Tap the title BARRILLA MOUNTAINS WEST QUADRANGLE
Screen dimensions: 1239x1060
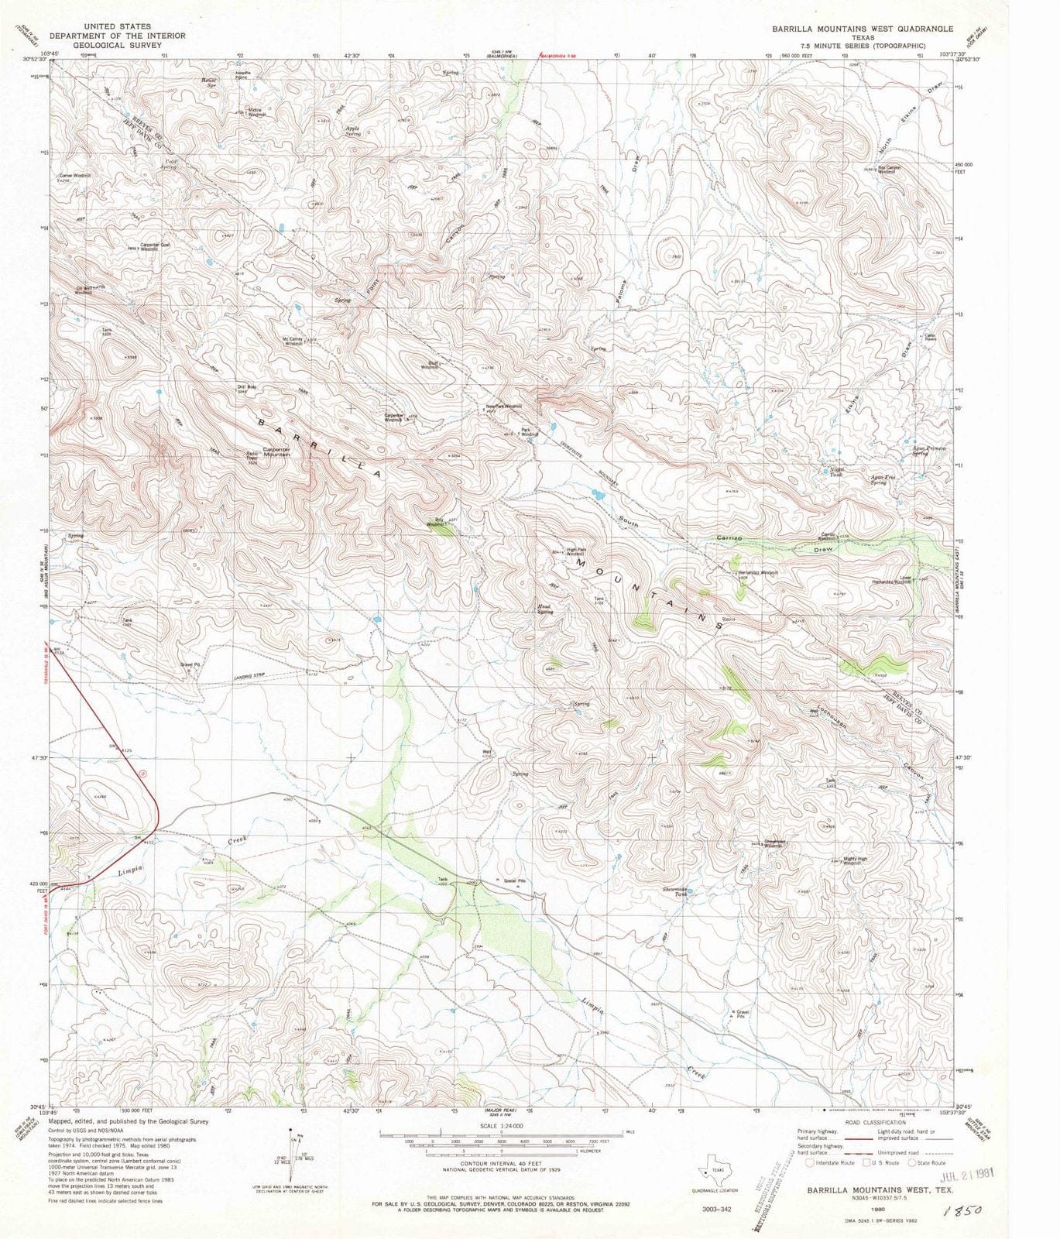(862, 29)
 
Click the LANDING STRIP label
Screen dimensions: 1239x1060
(249, 676)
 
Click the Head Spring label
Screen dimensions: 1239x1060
(546, 609)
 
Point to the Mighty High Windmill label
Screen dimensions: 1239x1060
(855, 861)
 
